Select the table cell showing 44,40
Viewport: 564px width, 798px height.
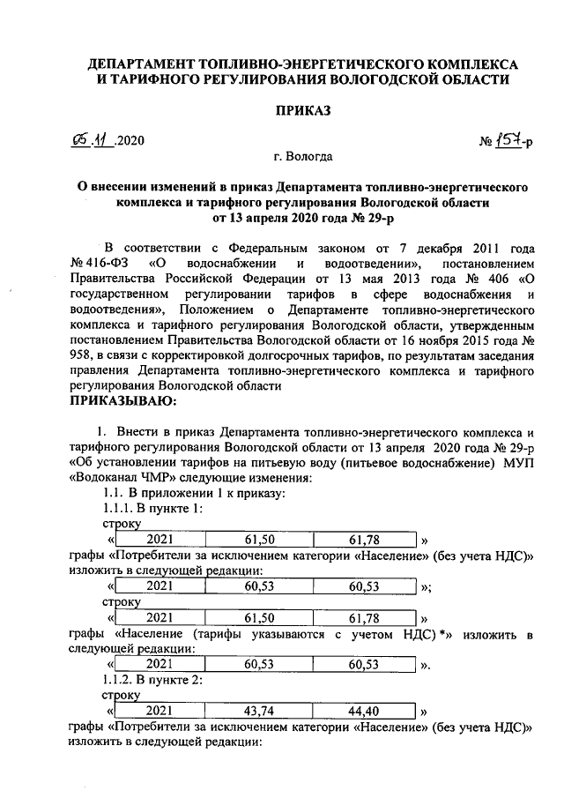tap(363, 709)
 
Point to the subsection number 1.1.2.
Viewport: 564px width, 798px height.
tap(121, 680)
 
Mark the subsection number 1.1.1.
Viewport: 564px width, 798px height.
tap(121, 509)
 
